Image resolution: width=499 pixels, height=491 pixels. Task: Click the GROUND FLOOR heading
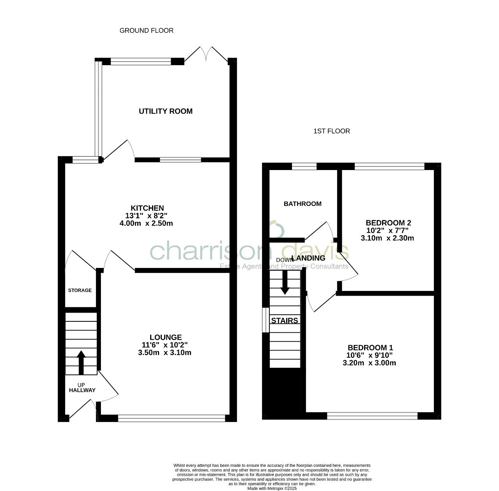click(x=146, y=30)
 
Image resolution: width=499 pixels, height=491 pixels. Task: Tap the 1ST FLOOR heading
click(x=331, y=131)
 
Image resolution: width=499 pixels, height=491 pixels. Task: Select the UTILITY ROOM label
click(x=166, y=111)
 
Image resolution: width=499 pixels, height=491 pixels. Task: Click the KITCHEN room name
click(x=147, y=208)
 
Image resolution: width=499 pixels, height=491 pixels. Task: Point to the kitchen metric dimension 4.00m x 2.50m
click(x=146, y=223)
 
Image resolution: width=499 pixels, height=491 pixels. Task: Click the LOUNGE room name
click(x=165, y=337)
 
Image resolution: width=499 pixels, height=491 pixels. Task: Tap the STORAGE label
click(x=80, y=291)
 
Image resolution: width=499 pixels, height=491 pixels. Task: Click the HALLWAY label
click(x=82, y=390)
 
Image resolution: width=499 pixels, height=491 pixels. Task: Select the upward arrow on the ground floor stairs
click(x=81, y=362)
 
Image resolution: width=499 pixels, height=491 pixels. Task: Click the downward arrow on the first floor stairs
click(x=285, y=282)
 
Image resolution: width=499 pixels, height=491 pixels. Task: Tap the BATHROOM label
click(x=303, y=204)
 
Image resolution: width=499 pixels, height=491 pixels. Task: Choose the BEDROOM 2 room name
click(x=388, y=223)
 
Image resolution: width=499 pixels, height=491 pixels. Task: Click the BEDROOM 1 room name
click(x=370, y=347)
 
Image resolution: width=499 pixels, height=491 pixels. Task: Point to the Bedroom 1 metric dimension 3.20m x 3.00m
click(x=369, y=363)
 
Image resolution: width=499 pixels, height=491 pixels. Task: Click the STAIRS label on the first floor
click(x=285, y=321)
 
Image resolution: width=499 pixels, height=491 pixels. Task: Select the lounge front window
click(x=172, y=418)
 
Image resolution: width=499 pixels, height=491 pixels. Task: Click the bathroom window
click(x=304, y=167)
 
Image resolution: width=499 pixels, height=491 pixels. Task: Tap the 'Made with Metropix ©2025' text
click(x=272, y=488)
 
